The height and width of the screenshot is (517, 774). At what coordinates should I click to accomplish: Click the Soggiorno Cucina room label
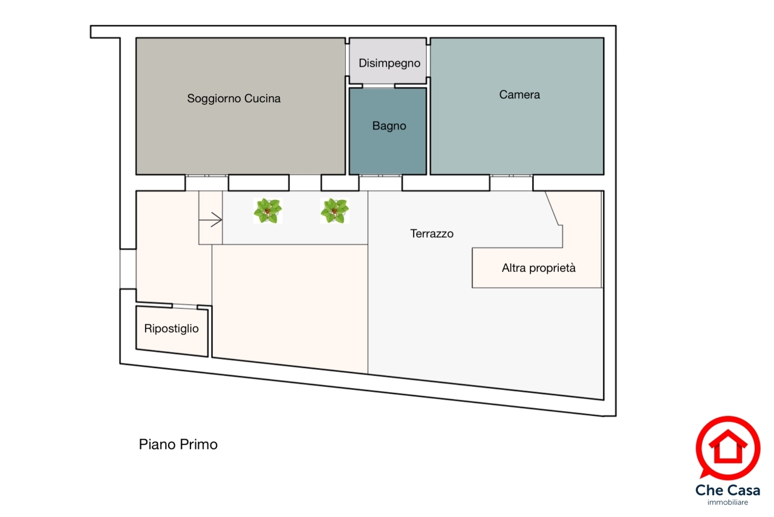[x=234, y=99]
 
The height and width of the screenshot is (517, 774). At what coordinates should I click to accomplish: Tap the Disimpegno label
[x=389, y=64]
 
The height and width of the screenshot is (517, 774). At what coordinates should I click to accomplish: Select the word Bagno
[x=389, y=126]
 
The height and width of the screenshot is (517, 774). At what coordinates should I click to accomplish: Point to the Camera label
[x=519, y=94]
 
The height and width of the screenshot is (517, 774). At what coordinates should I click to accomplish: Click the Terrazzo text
[x=432, y=234]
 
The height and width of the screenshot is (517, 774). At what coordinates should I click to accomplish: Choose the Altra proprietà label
[x=539, y=268]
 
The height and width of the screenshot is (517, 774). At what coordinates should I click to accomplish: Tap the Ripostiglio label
[x=171, y=328]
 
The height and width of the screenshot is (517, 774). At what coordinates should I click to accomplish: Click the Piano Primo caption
[x=178, y=444]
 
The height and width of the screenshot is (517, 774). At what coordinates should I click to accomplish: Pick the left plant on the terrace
[x=268, y=211]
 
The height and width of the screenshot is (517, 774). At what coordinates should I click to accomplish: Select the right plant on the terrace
[x=334, y=211]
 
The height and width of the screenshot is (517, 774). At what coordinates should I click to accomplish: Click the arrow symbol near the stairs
[x=210, y=220]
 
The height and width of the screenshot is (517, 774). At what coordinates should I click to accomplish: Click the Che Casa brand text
[x=727, y=490]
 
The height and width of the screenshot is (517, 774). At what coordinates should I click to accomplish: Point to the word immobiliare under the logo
[x=727, y=502]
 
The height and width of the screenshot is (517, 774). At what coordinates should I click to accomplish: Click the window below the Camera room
[x=512, y=176]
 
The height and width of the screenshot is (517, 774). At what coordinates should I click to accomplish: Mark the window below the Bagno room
[x=380, y=176]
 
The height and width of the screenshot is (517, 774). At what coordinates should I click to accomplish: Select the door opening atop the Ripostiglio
[x=184, y=306]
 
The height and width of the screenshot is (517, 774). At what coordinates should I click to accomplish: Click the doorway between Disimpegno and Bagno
[x=379, y=86]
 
